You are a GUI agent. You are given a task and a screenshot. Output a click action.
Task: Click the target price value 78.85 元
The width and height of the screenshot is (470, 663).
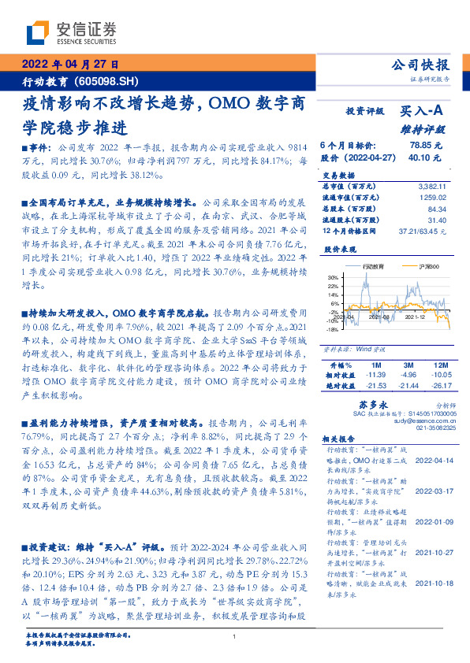tap(426, 146)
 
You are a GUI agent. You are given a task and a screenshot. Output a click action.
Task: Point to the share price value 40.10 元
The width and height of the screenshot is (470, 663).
tap(426, 157)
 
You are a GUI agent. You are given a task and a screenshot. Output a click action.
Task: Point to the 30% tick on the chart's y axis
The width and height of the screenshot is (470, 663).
tap(331, 277)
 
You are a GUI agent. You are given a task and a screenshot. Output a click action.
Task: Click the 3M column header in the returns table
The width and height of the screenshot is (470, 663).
tap(407, 365)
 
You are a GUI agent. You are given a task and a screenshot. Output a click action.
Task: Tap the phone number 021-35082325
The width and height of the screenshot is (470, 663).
tap(427, 430)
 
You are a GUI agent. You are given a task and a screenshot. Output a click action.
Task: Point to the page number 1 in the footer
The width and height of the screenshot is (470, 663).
tap(235, 636)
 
